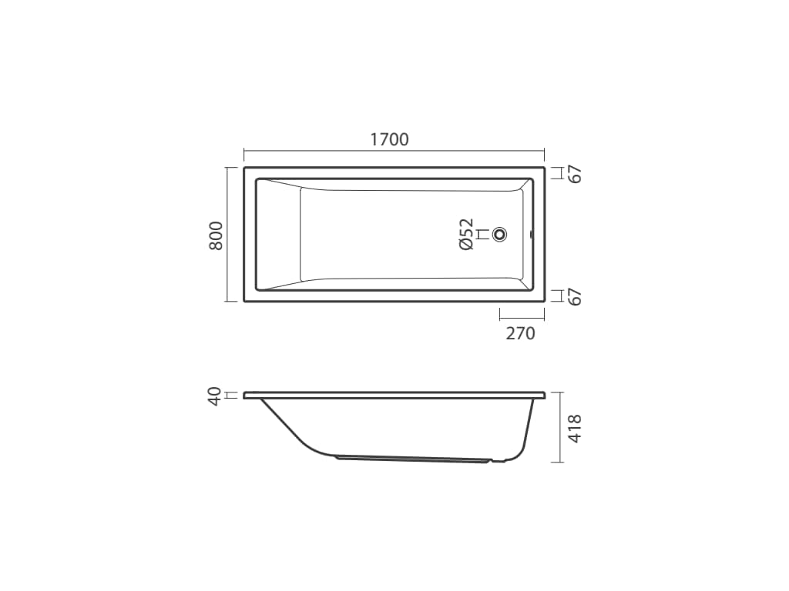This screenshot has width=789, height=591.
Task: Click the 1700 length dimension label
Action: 389,139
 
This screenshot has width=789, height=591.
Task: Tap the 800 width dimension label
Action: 216,235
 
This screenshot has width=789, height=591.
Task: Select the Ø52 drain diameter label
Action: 466,234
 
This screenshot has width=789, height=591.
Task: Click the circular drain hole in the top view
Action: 499,234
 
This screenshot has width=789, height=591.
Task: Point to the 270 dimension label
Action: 520,333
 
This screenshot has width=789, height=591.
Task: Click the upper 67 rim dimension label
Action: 575,174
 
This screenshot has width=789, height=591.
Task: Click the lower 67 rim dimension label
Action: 575,296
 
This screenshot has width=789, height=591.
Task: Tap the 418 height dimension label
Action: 575,428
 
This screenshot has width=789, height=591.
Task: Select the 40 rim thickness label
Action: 215,396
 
